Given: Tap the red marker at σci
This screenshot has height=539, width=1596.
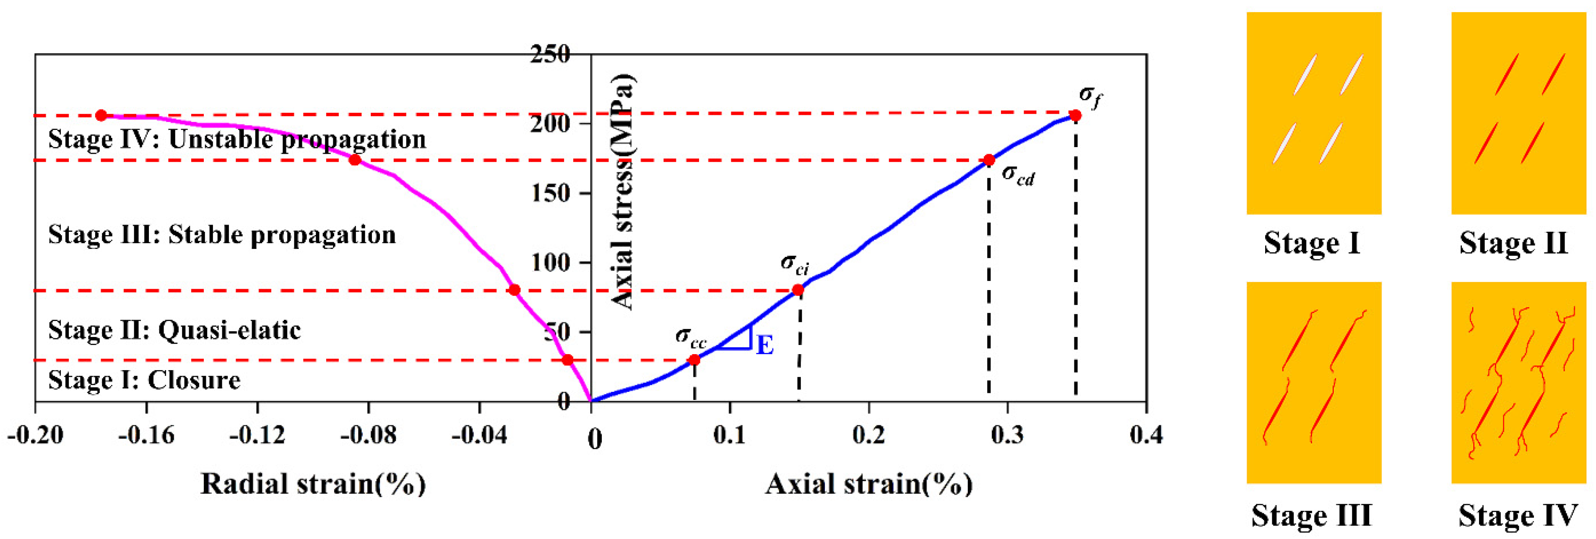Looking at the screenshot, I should coord(798,290).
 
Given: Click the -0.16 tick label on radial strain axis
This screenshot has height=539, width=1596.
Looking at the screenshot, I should coord(146,435).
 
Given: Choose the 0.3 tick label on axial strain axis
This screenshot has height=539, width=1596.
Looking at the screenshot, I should coord(1007,435).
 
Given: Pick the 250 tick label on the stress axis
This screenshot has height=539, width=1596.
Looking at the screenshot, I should coord(550,54).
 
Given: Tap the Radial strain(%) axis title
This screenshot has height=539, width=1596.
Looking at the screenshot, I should coord(314,484).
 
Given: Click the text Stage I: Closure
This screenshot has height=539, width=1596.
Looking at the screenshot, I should coord(144,380).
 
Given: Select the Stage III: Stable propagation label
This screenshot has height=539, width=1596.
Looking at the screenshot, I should coord(222,235).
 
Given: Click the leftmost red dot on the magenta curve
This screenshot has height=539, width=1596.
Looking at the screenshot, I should coord(101,116).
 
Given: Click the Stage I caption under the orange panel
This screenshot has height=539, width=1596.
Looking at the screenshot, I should coord(1312,243).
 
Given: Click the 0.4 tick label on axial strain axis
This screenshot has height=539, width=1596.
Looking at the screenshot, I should coord(1146,435).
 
